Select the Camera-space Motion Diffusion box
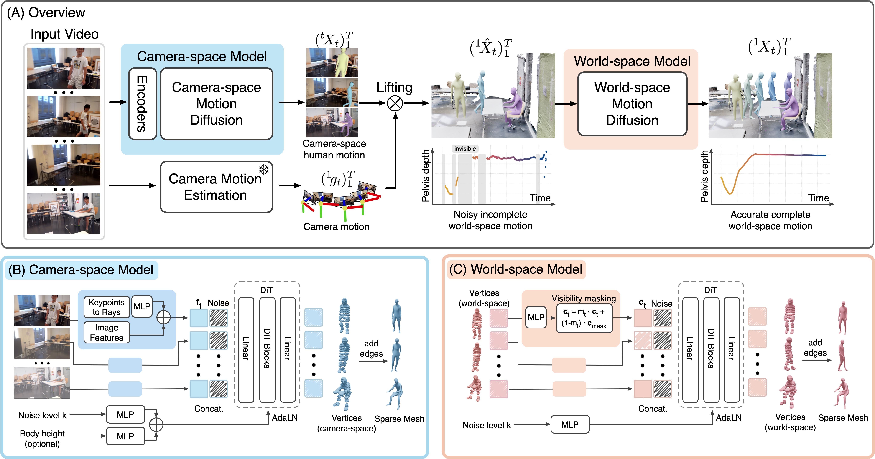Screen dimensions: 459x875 (216, 104)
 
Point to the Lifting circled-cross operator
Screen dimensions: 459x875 (395, 103)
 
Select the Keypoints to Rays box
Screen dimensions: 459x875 (106, 307)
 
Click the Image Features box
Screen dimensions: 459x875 (106, 332)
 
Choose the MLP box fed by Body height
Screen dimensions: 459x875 (125, 436)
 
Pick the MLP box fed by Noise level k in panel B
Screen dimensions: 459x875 (125, 414)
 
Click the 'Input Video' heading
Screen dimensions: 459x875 (64, 34)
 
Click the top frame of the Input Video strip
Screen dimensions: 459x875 (64, 68)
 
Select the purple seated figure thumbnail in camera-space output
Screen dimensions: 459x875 (332, 122)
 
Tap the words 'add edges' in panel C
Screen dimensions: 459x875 (815, 348)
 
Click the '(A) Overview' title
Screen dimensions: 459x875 (46, 13)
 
